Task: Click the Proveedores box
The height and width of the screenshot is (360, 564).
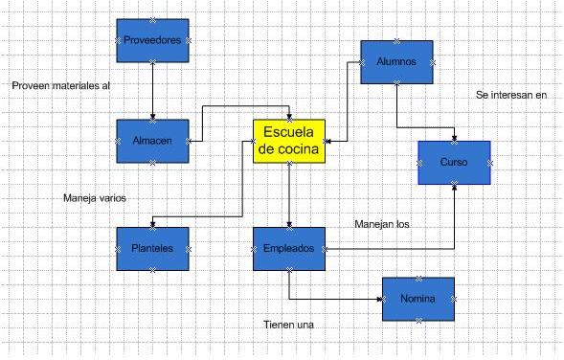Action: pos(152,40)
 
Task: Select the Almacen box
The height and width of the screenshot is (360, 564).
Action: pos(152,142)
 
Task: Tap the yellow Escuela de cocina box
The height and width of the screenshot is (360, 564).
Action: pos(289,142)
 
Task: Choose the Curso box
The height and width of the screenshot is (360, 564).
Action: pos(454,163)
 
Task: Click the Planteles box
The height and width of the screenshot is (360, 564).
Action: pos(152,248)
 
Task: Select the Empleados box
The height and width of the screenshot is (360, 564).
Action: pos(288,249)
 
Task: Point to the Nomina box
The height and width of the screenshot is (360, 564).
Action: pos(417,300)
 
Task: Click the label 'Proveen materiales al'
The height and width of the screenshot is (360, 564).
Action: pos(61,86)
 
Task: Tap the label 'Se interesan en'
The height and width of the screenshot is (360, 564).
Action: pos(511,95)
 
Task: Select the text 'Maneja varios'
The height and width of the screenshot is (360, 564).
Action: pos(95,198)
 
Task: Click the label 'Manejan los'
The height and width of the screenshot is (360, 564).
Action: pos(382,225)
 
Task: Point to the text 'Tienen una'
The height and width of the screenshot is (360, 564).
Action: pos(289,326)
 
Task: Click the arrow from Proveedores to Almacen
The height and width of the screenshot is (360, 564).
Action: pos(152,91)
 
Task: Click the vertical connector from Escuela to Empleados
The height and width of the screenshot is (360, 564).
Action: pos(288,195)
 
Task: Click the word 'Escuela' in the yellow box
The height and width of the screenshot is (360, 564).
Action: pos(289,133)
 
